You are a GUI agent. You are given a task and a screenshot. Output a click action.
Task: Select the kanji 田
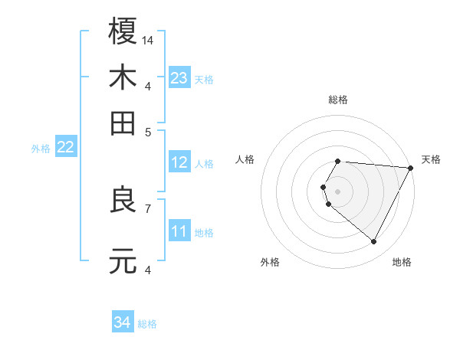(123, 123)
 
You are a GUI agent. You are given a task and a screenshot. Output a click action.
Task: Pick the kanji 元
(123, 261)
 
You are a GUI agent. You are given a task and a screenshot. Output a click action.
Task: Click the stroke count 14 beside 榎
(148, 39)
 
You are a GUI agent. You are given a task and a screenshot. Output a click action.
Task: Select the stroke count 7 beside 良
(148, 208)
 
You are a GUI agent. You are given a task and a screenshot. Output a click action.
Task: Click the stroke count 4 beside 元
(148, 269)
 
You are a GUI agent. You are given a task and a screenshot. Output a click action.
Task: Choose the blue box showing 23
(179, 78)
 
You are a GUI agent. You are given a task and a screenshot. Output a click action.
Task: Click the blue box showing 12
(179, 162)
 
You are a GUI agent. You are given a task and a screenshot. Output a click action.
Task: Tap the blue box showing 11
(179, 231)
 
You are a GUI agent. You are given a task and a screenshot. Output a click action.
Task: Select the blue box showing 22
(65, 147)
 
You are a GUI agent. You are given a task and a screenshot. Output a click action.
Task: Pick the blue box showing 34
(122, 322)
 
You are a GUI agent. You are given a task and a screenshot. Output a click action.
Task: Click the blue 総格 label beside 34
(147, 324)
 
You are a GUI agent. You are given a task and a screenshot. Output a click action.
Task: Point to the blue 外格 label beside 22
(40, 149)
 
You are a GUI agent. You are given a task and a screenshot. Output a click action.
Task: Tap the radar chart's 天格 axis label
(431, 159)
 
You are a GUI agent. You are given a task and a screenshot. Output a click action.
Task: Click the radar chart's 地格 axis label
(402, 262)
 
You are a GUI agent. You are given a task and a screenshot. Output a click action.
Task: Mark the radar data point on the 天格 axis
(411, 168)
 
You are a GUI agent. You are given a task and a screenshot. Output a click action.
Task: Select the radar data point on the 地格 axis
(374, 242)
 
